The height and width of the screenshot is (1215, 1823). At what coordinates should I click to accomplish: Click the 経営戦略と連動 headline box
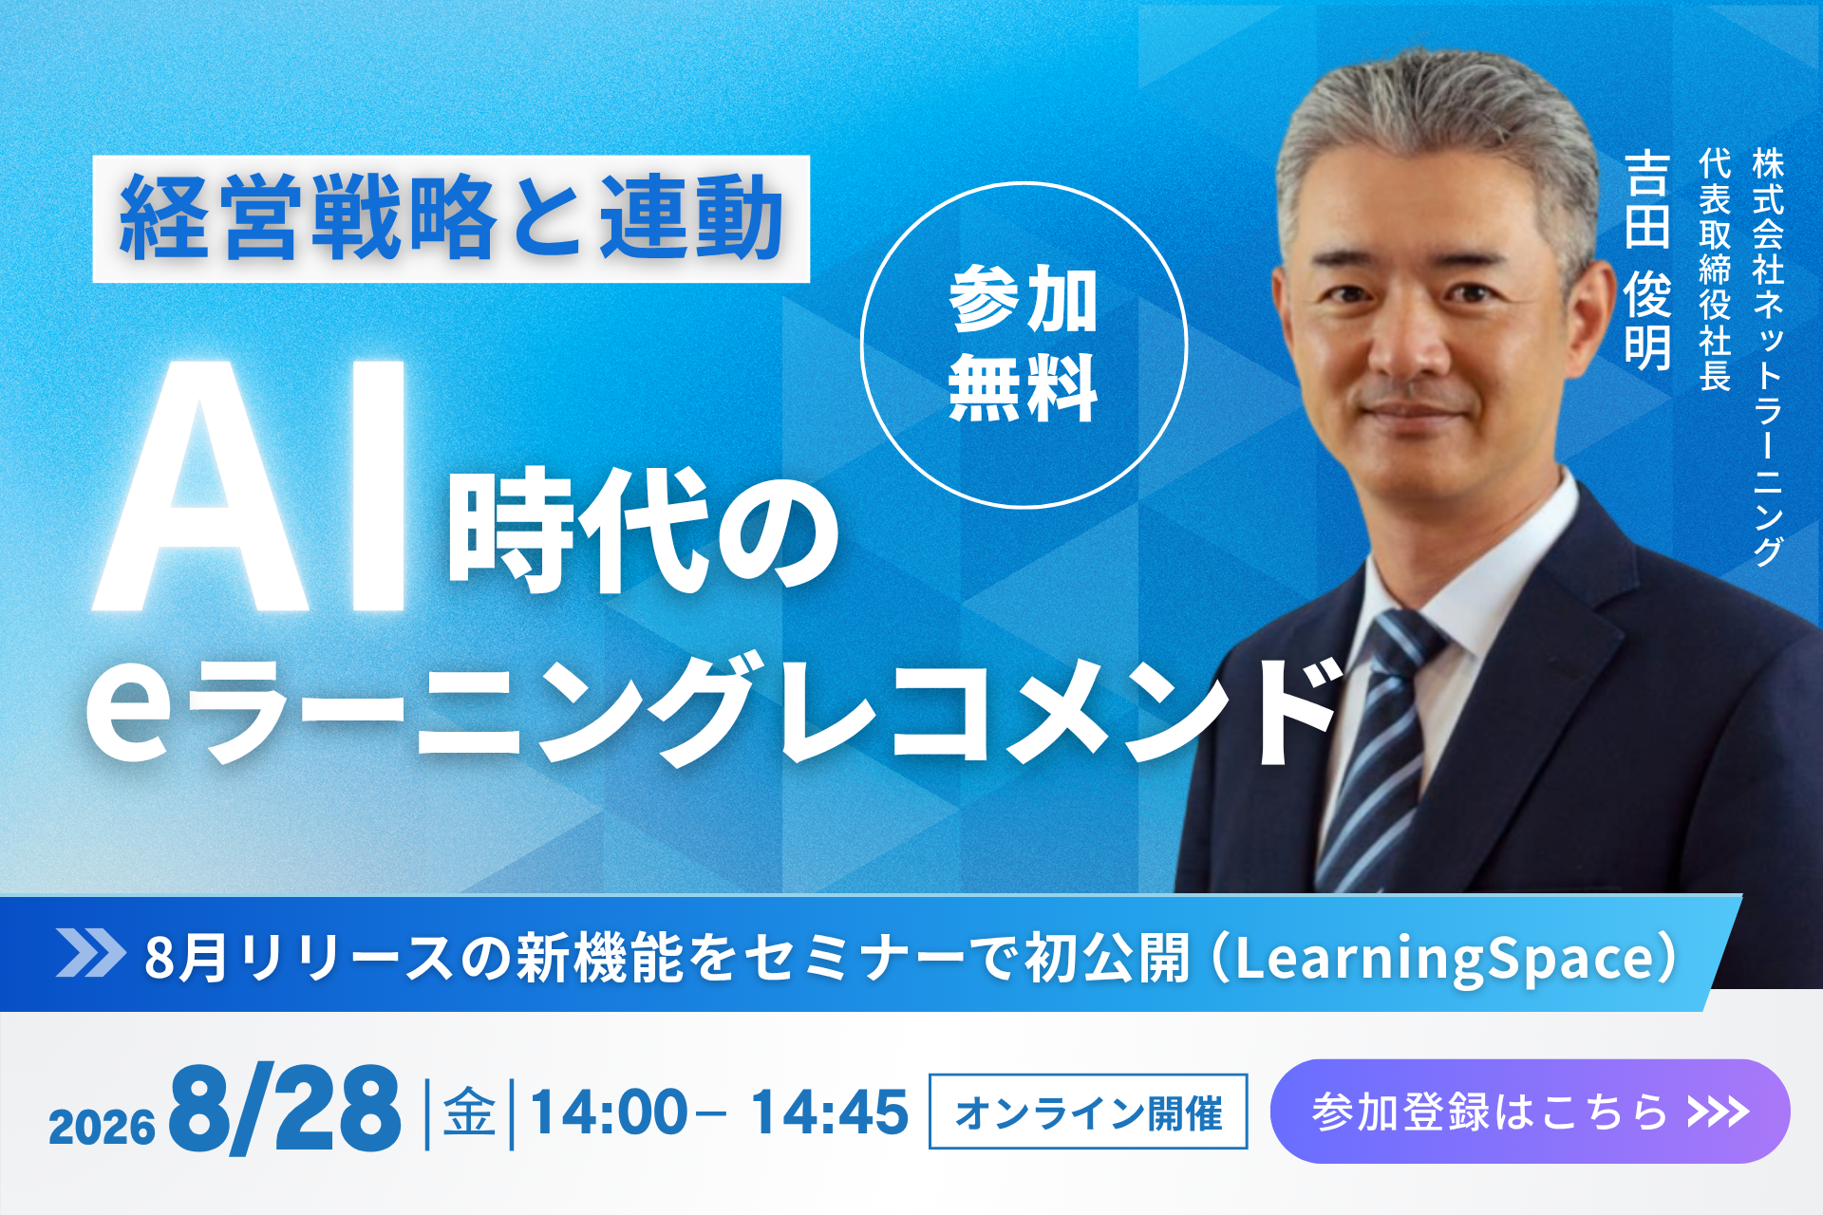[x=451, y=218]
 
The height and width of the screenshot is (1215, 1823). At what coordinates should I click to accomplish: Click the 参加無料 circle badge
[x=1024, y=346]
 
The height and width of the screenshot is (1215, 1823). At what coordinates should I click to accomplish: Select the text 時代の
[x=644, y=530]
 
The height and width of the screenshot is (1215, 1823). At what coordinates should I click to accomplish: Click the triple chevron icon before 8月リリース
[x=90, y=953]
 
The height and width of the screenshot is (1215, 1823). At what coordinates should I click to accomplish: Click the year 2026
[x=102, y=1128]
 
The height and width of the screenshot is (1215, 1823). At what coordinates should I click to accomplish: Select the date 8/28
[x=285, y=1109]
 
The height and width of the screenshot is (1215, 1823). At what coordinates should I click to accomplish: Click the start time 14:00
[x=609, y=1112]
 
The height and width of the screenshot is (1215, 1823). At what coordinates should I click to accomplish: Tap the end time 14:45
[x=829, y=1112]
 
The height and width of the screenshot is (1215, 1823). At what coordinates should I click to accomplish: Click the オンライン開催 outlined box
[x=1088, y=1112]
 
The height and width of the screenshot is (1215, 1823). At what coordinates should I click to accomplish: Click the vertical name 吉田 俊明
[x=1647, y=259]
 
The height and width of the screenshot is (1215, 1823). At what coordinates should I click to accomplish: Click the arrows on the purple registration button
[x=1719, y=1111]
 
